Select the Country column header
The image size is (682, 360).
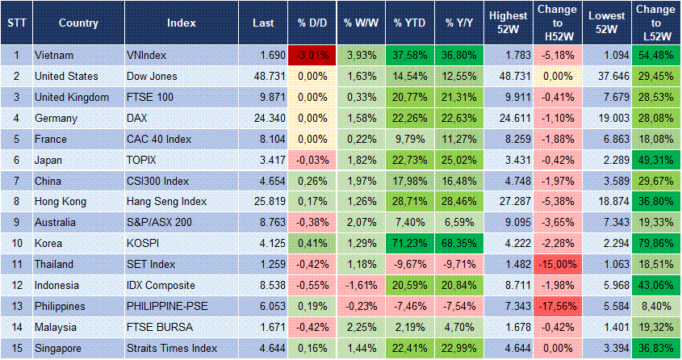click(x=78, y=23)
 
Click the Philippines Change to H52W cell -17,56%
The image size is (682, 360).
click(x=557, y=307)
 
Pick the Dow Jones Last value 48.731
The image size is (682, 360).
click(x=256, y=76)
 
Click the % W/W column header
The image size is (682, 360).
click(x=360, y=23)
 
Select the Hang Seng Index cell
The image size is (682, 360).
click(x=167, y=202)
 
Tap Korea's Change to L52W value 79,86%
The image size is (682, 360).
click(x=656, y=244)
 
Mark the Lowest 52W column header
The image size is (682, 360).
click(x=606, y=23)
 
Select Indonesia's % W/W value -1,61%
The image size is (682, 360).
click(x=360, y=286)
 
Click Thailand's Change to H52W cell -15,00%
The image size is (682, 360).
click(x=557, y=265)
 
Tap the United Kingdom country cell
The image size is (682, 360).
click(x=73, y=97)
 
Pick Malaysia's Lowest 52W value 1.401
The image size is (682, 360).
click(x=608, y=328)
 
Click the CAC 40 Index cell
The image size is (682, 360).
click(x=160, y=139)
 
